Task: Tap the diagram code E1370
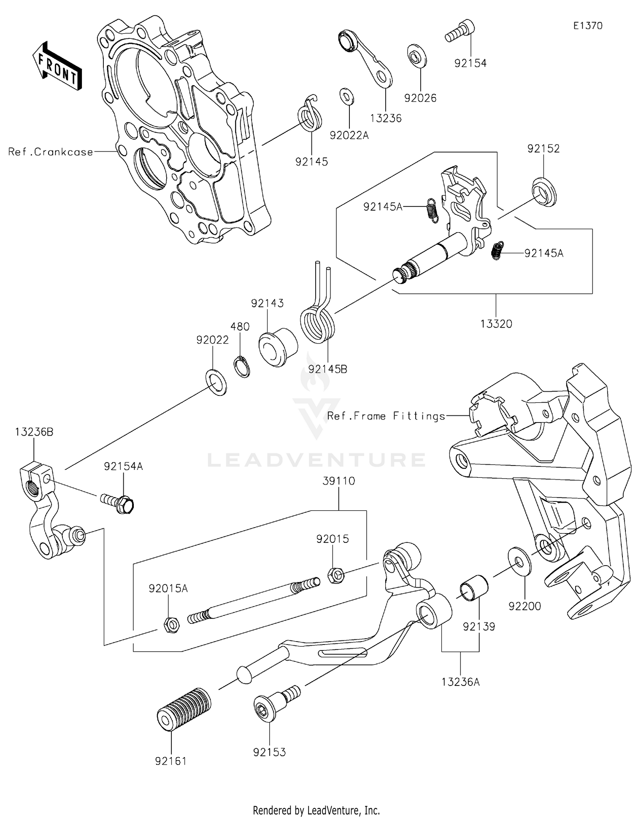pyautogui.click(x=587, y=26)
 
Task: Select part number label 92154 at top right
pyautogui.click(x=470, y=63)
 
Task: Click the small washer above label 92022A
pyautogui.click(x=346, y=97)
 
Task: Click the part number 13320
pyautogui.click(x=496, y=324)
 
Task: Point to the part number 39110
pyautogui.click(x=339, y=481)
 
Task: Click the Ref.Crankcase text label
pyautogui.click(x=51, y=152)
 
